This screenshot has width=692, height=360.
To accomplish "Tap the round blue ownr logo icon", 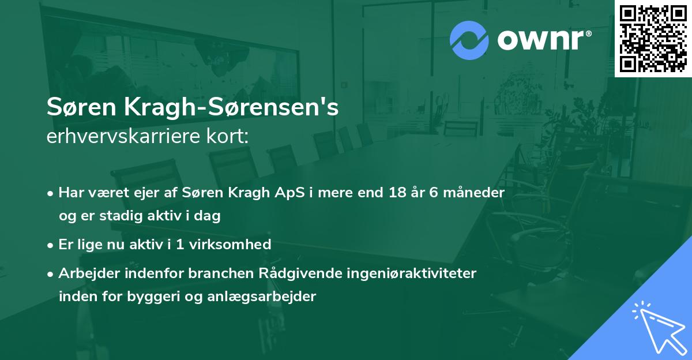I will pyautogui.click(x=469, y=40).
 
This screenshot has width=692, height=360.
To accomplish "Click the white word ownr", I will pyautogui.click(x=543, y=40).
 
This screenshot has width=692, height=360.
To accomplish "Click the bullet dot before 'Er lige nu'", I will pyautogui.click(x=51, y=245).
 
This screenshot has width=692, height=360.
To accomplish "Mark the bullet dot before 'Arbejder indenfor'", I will pyautogui.click(x=51, y=273).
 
